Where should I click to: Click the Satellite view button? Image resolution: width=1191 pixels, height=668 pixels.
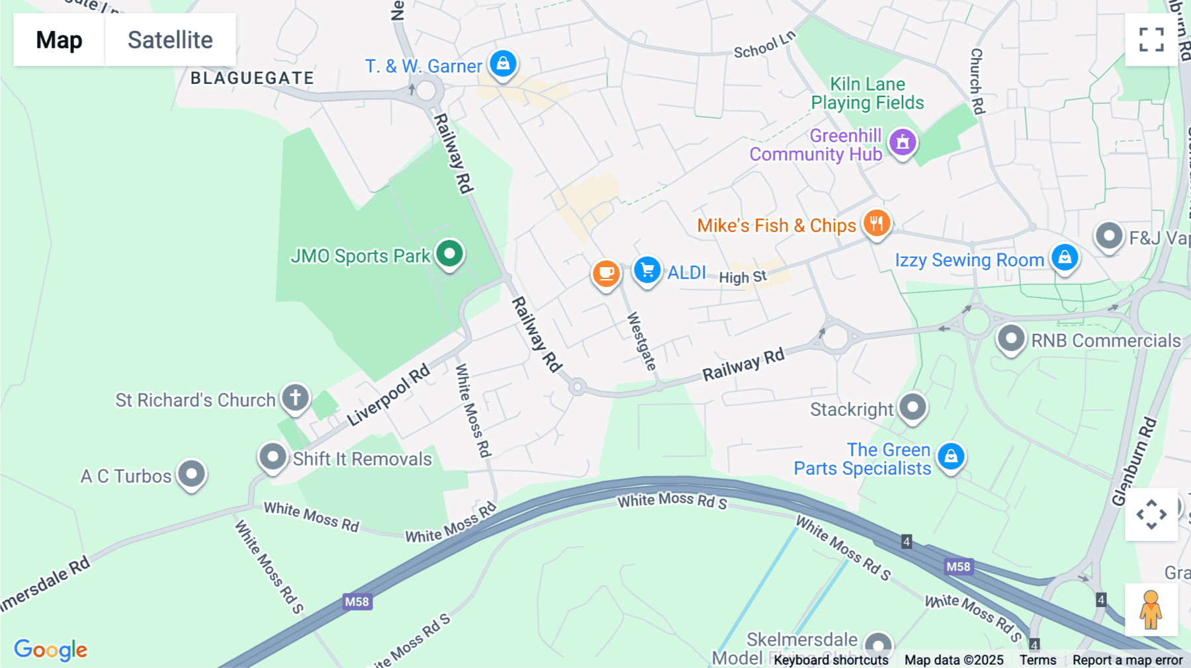pos(170,40)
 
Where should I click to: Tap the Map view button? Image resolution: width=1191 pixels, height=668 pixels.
pos(59,40)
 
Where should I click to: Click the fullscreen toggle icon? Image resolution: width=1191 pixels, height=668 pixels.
pos(1151,40)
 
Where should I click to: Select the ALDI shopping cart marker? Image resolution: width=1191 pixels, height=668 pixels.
pos(647,271)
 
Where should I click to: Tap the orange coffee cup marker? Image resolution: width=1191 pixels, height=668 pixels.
pos(605,273)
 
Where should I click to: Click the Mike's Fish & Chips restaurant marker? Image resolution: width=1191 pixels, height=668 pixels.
pos(876,224)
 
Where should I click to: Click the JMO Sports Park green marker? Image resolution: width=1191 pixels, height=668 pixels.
pos(449,253)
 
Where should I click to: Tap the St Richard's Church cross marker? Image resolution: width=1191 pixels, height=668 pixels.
pos(295,398)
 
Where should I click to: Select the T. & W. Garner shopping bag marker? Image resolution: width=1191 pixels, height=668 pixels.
pos(503,64)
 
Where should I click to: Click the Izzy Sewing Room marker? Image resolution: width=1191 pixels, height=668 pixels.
pos(1065,257)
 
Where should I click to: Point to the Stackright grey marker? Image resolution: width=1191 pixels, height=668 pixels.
pos(913,407)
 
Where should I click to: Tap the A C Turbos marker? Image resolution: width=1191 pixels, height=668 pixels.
pos(191,474)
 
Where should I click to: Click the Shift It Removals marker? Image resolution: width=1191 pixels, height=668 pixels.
pos(272,456)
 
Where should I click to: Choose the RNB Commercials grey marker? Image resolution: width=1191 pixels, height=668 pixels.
pos(1010,339)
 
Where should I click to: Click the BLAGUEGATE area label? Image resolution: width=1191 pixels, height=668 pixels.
pos(252,78)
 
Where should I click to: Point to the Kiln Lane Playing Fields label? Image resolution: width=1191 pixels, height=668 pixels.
pos(867,93)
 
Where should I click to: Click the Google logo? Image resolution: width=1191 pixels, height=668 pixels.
pos(51,649)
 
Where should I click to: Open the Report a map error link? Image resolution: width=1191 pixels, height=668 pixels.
pos(1127,659)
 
